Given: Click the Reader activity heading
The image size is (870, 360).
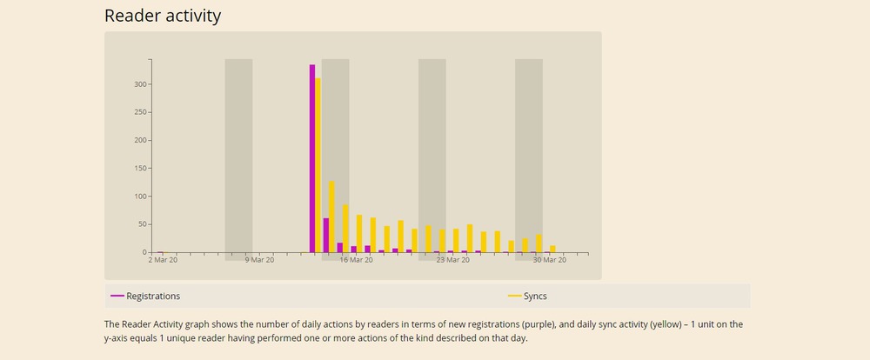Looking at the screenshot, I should coord(163,16).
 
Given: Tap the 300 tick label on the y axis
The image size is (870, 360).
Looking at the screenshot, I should coord(138,84).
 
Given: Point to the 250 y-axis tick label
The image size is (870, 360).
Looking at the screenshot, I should coord(138,112).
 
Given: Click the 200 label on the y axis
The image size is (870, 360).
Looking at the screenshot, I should coord(138,140).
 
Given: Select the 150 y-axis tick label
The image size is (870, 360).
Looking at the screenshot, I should coord(138,168).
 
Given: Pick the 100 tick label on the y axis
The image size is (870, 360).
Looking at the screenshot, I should coord(138,197).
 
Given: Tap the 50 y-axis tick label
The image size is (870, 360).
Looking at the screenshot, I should coord(141,224).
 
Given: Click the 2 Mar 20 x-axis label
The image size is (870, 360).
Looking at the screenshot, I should coord(163,260).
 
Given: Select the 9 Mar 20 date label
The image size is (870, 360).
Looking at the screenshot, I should coord(259,260).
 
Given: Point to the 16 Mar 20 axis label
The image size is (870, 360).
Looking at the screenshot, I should coord(356,260).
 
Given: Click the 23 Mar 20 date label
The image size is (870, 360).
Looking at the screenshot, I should coord(452,260).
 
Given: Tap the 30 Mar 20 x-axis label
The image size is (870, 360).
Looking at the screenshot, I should coord(550,260).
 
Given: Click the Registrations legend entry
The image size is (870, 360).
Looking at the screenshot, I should coord(153,297).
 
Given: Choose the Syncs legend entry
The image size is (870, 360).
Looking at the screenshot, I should coord(535,297).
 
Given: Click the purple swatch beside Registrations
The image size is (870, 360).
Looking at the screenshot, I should coord(117,297).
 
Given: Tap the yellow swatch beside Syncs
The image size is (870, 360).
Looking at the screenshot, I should coord(515,297).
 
